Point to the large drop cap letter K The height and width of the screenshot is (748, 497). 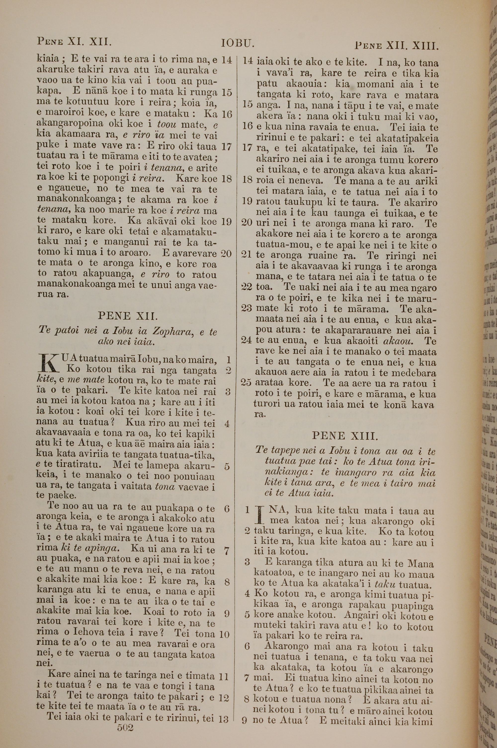(48, 364)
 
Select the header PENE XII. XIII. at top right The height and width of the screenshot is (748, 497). (397, 46)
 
